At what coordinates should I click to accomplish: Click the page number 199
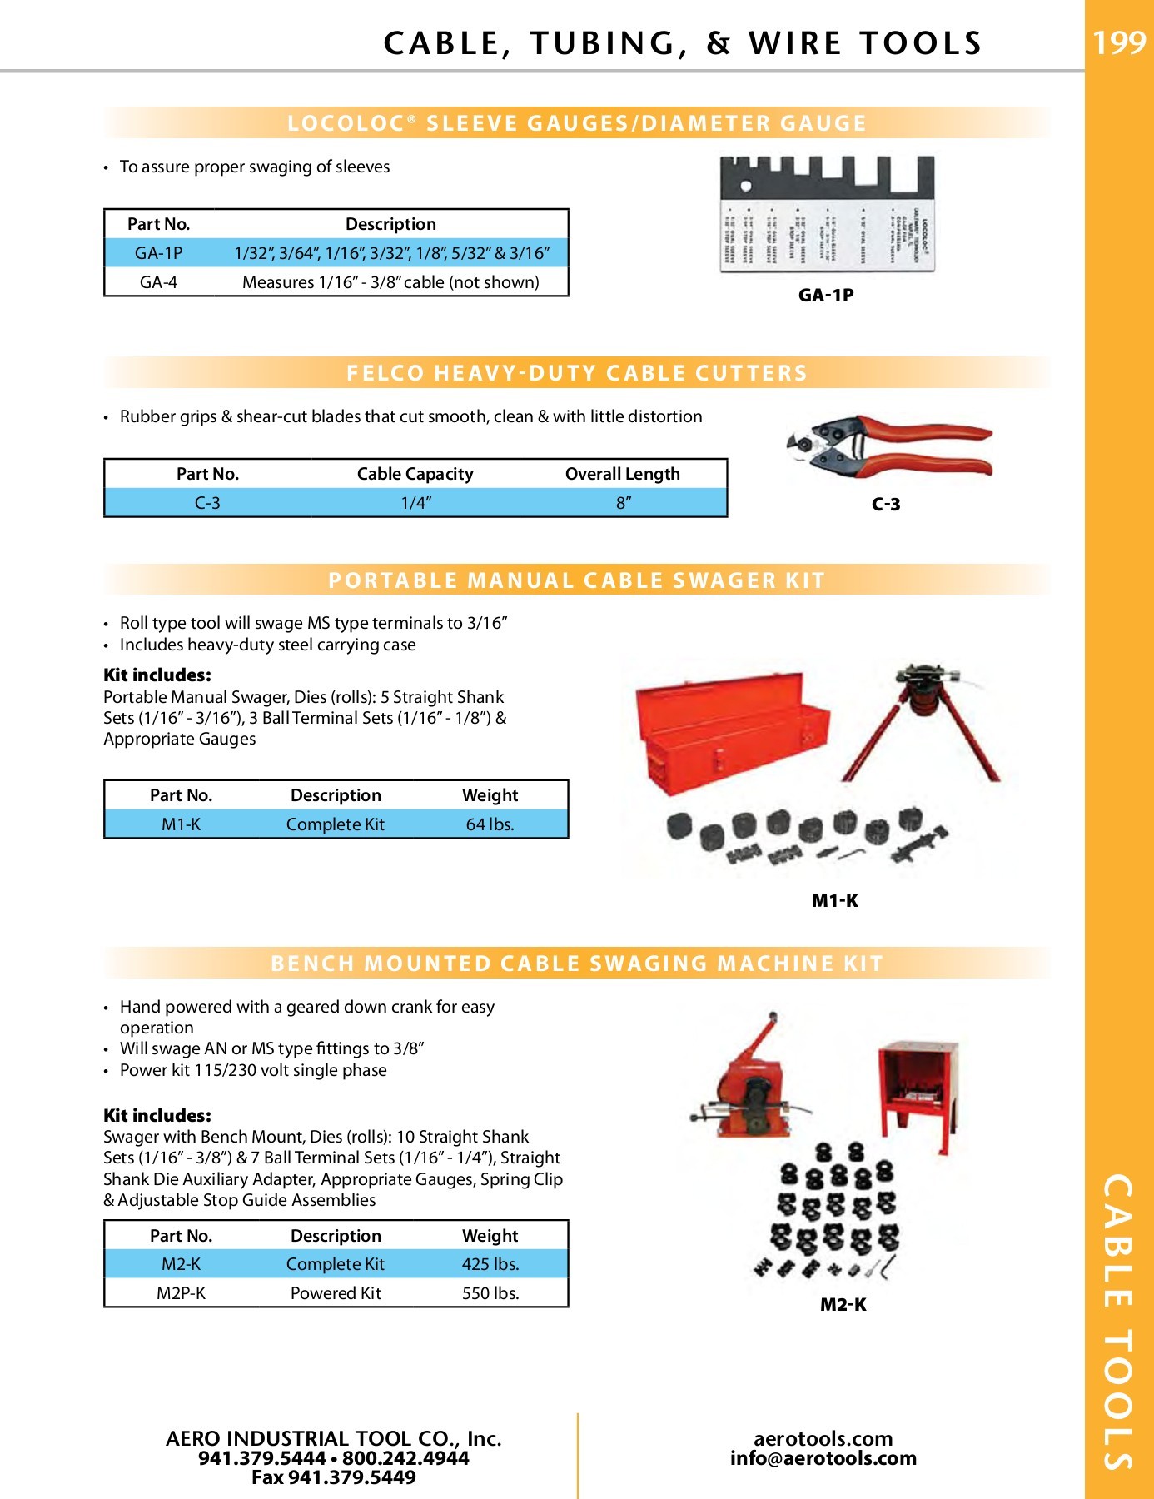[1118, 42]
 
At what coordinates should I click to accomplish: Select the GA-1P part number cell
[158, 253]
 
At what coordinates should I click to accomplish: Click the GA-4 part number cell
[158, 282]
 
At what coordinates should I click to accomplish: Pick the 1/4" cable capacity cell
[415, 503]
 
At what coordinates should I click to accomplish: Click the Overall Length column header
[622, 474]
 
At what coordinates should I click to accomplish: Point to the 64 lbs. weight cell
[490, 824]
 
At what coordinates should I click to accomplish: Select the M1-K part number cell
[181, 824]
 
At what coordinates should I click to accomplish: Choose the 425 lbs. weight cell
[490, 1264]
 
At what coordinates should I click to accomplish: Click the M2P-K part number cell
[181, 1293]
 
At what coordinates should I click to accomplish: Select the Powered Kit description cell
[336, 1293]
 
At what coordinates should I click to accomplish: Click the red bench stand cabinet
[918, 1091]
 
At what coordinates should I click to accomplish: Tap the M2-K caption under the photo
[843, 1305]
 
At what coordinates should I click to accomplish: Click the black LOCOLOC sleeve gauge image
[827, 214]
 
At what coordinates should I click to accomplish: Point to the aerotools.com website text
[823, 1438]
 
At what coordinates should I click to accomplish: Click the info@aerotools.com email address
[823, 1458]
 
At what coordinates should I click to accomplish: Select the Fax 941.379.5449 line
[333, 1478]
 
